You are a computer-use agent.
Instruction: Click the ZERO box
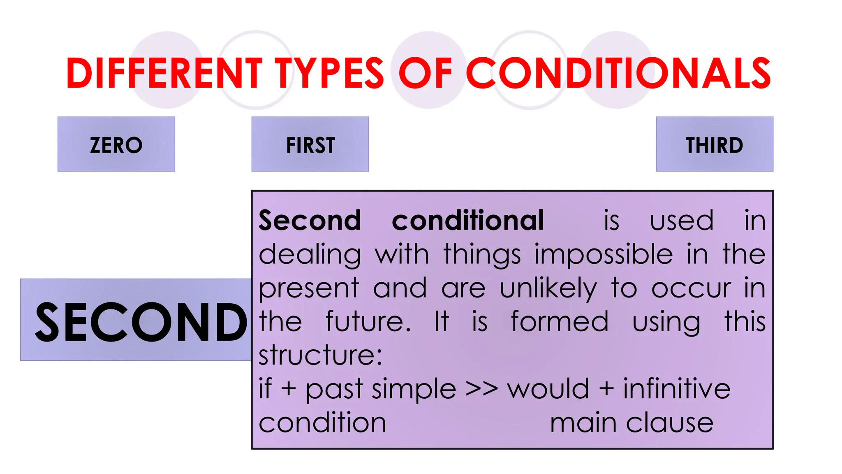pyautogui.click(x=116, y=144)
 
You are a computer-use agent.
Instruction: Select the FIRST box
pyautogui.click(x=310, y=144)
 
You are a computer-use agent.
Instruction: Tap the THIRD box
pyautogui.click(x=714, y=144)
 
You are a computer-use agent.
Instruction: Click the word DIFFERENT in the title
pyautogui.click(x=164, y=73)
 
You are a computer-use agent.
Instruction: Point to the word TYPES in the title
pyautogui.click(x=329, y=73)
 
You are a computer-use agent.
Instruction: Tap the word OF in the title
pyautogui.click(x=425, y=73)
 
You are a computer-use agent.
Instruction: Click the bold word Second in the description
pyautogui.click(x=310, y=221)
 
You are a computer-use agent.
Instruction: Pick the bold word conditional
pyautogui.click(x=468, y=221)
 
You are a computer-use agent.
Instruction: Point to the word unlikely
pyautogui.click(x=548, y=288)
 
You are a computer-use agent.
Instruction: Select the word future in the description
pyautogui.click(x=368, y=322)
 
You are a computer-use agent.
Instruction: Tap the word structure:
pyautogui.click(x=320, y=355)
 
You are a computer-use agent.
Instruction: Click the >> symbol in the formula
pyautogui.click(x=481, y=389)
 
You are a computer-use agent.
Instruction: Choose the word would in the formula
pyautogui.click(x=548, y=389)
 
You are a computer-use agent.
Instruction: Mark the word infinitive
pyautogui.click(x=677, y=389)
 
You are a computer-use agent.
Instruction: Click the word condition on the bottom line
pyautogui.click(x=322, y=423)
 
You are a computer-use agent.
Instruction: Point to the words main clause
pyautogui.click(x=631, y=423)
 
